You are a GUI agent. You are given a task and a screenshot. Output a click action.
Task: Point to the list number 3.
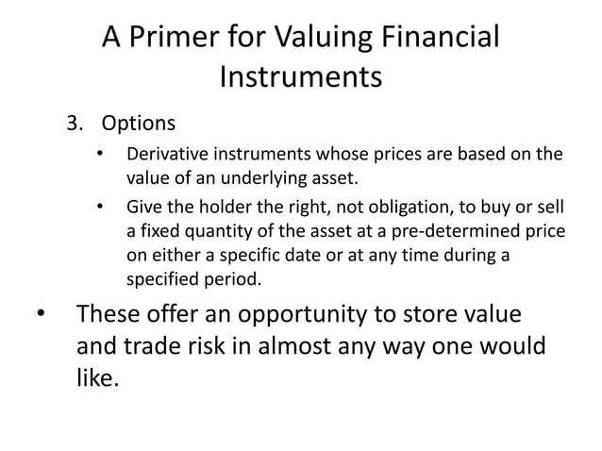[x=72, y=124]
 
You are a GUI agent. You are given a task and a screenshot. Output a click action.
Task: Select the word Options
[x=138, y=124]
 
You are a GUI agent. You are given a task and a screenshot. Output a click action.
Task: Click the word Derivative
[x=162, y=154]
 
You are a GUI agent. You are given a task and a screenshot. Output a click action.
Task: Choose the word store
[x=432, y=314]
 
